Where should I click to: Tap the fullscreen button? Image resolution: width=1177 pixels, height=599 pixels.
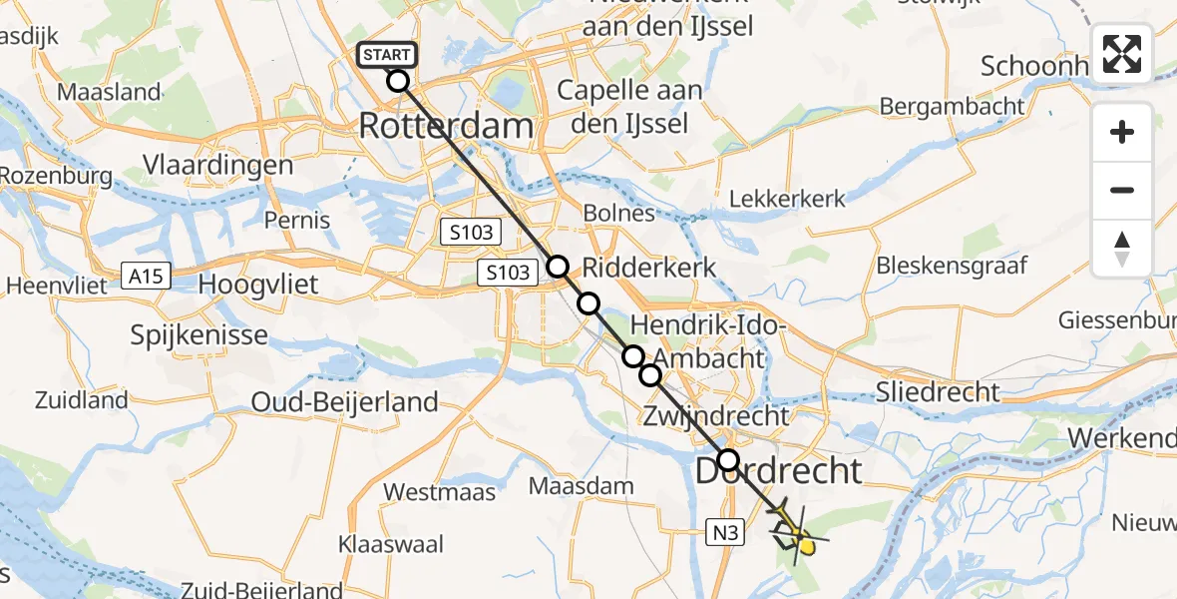[x=1122, y=54]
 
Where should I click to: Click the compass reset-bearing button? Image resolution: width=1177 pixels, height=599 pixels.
[x=1122, y=249]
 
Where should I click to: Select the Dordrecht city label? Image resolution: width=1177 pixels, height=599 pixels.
[x=777, y=470]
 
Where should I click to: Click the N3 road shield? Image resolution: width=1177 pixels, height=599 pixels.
[x=726, y=533]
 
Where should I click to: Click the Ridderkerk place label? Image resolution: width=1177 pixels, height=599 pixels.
[x=648, y=268]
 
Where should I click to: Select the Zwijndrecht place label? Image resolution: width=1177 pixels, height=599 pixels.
[x=716, y=415]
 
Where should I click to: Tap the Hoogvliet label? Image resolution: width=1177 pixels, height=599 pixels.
[x=258, y=285]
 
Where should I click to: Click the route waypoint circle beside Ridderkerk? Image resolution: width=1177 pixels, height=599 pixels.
[x=558, y=267]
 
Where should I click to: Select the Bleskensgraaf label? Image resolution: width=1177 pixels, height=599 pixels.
[x=951, y=266]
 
